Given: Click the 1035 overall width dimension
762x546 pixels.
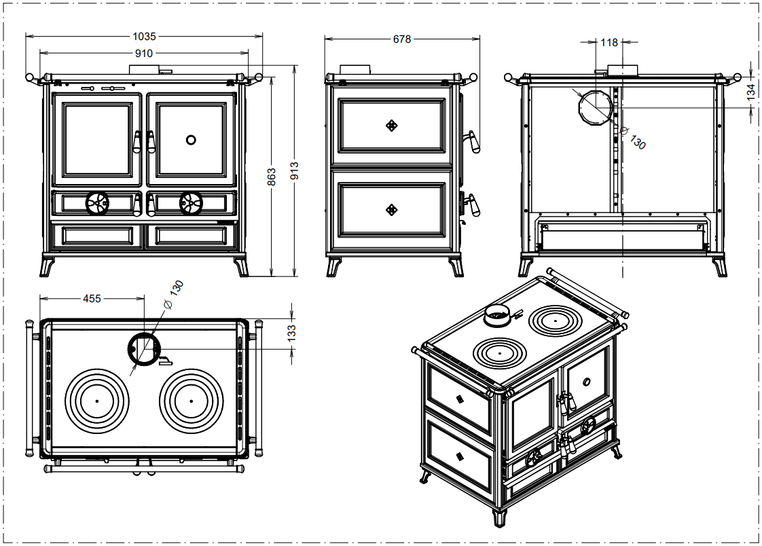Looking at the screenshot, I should pos(144,35).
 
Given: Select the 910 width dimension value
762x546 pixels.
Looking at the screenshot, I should pos(143,53).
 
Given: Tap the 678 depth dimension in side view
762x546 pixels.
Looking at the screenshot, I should pos(402,39).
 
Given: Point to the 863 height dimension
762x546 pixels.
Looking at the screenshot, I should pos(272,177).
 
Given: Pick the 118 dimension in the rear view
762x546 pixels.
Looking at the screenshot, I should pos(609,43).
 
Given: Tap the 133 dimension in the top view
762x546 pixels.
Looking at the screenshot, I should pos(291,333).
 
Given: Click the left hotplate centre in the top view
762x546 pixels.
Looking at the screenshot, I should pos(97,401).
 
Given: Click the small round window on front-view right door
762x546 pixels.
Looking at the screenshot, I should pos(192,140).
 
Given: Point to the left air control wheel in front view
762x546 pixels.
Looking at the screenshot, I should pos(97,202).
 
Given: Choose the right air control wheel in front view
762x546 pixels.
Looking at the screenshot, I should pos(190,202).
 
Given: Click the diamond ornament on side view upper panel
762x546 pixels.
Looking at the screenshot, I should pos(391,125).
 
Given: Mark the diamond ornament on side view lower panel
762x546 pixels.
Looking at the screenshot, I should pos(391,210).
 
